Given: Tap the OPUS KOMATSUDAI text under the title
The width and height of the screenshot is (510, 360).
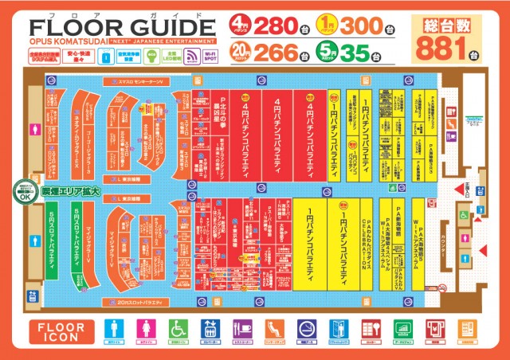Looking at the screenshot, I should tap(59, 39).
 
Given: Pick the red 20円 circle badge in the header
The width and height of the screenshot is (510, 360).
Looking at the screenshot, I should tap(238, 53).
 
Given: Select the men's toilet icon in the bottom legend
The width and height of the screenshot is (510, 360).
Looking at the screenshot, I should tap(116, 330).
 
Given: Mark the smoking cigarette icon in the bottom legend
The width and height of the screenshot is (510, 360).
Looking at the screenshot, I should tap(308, 330).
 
